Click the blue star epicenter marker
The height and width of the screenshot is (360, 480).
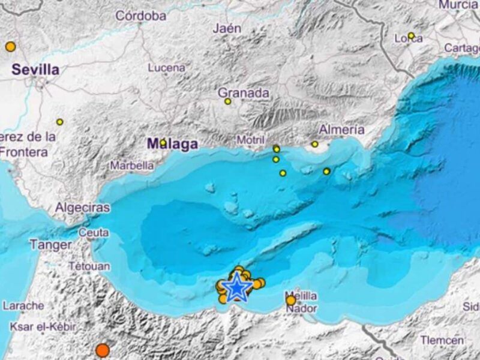(238, 288)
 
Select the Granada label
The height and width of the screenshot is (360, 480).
(243, 93)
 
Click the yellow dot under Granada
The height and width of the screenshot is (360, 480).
(228, 101)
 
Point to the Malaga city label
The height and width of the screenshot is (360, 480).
(173, 144)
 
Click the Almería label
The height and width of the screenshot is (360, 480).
(341, 130)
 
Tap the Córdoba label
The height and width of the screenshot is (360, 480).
(140, 16)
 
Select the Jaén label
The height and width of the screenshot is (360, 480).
(227, 28)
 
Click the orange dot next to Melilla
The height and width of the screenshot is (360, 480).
(291, 300)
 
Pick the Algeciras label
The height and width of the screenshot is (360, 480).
(83, 208)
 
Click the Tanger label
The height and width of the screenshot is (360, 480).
(50, 245)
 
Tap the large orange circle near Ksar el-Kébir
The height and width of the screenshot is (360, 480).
(103, 350)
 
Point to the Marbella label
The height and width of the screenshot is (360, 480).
(131, 166)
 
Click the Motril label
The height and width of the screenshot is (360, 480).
(251, 140)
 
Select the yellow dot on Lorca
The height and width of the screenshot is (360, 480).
(411, 35)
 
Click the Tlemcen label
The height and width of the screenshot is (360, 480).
(442, 340)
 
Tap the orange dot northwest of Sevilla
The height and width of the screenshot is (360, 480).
(10, 46)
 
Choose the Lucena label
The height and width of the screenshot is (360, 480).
(166, 68)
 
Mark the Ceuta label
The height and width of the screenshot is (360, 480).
(94, 232)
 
